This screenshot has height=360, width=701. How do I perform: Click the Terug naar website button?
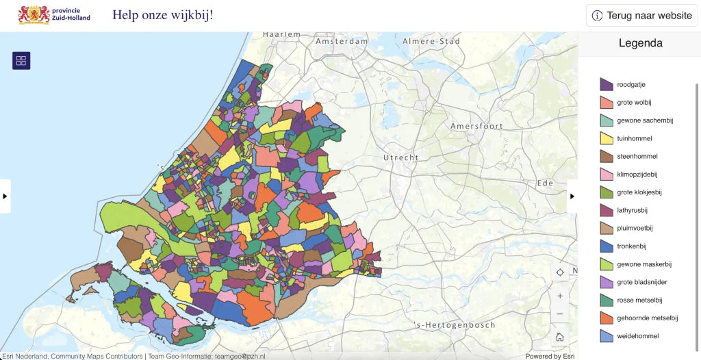pos(641,15)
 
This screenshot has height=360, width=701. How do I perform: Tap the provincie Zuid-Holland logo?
pos(54,14)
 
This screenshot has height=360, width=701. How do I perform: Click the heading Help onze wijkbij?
pos(163,14)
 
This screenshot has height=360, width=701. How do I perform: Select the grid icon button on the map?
pos(21,61)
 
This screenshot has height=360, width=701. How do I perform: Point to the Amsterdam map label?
pos(342,41)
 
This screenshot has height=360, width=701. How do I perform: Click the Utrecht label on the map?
pos(400,157)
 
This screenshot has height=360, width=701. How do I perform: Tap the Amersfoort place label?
pos(476,126)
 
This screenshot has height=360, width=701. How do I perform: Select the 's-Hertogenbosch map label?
pos(455,324)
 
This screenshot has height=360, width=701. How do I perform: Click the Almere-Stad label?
pos(431,41)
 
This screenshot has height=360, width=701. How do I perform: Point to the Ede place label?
pos(545,183)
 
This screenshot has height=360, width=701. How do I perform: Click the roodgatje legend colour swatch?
pos(606,85)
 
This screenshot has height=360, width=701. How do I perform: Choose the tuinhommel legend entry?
pos(634,138)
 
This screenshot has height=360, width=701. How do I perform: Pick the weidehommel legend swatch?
pos(606,336)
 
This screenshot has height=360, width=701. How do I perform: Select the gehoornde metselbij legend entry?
pos(647,318)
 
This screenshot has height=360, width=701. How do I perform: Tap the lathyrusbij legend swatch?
pos(606,210)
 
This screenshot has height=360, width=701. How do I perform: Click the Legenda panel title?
pos(640,43)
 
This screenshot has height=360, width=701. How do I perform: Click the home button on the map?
pos(560,337)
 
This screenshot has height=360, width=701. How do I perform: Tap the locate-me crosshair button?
pos(560,272)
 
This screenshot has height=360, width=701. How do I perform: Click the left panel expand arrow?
pos(5,196)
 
